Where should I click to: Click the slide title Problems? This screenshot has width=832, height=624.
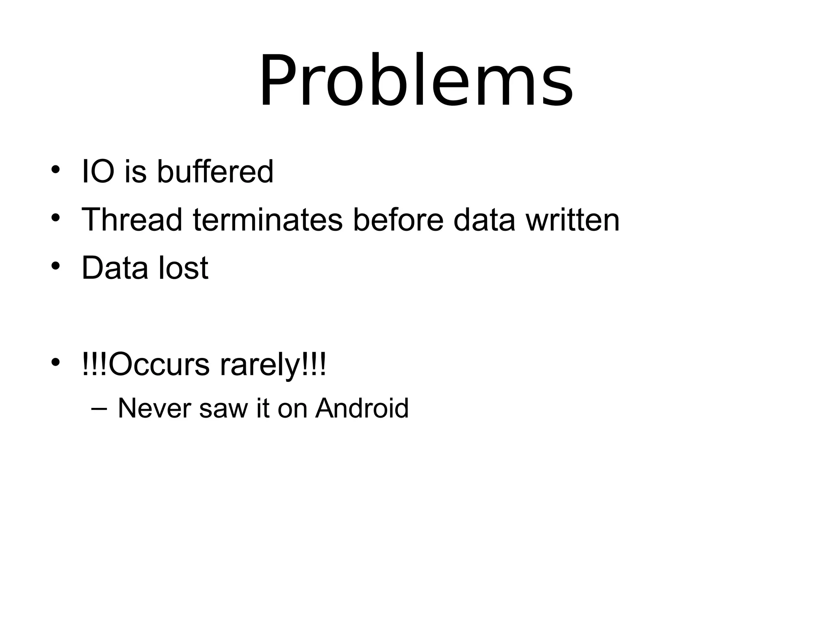click(x=416, y=81)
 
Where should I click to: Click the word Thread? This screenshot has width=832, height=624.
click(x=132, y=220)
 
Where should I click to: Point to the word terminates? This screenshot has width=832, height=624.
click(x=268, y=220)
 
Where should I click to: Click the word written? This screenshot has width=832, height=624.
click(x=572, y=220)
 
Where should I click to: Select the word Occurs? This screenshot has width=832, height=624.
click(x=159, y=365)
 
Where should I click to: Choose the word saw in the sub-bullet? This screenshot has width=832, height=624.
click(x=223, y=409)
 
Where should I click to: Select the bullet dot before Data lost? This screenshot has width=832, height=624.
click(x=56, y=266)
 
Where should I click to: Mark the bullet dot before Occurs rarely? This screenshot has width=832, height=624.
click(x=56, y=363)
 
